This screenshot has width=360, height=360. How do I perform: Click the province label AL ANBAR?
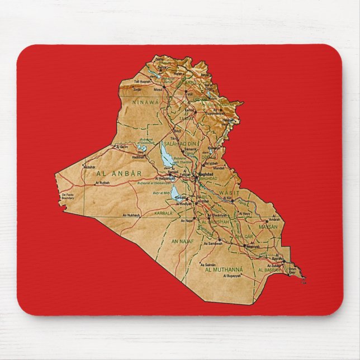click(x=120, y=174)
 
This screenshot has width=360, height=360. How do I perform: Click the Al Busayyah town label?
click(x=231, y=276)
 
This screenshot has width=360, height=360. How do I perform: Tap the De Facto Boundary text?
click(x=67, y=196)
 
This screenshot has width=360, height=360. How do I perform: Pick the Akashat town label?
click(x=89, y=167)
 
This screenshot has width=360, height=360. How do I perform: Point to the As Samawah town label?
click(x=213, y=243)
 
